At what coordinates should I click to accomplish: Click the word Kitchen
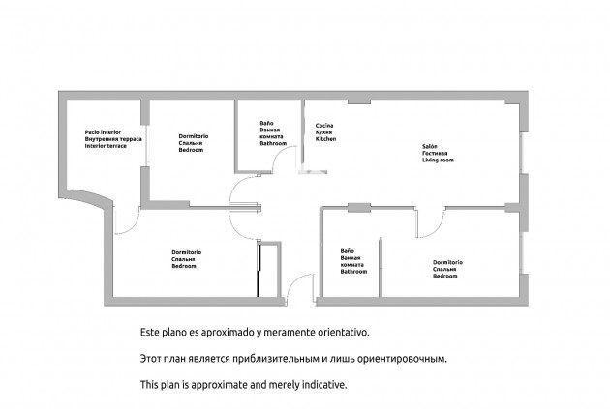tap(325, 140)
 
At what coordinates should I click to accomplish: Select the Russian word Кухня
tap(324, 133)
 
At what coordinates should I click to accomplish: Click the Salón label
tap(428, 147)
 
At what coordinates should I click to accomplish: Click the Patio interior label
tap(103, 131)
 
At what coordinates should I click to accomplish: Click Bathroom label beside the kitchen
tap(273, 143)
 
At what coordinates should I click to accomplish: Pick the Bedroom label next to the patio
tap(191, 151)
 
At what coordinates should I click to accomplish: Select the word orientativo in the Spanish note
tap(336, 332)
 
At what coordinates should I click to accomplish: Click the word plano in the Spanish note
tap(172, 332)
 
